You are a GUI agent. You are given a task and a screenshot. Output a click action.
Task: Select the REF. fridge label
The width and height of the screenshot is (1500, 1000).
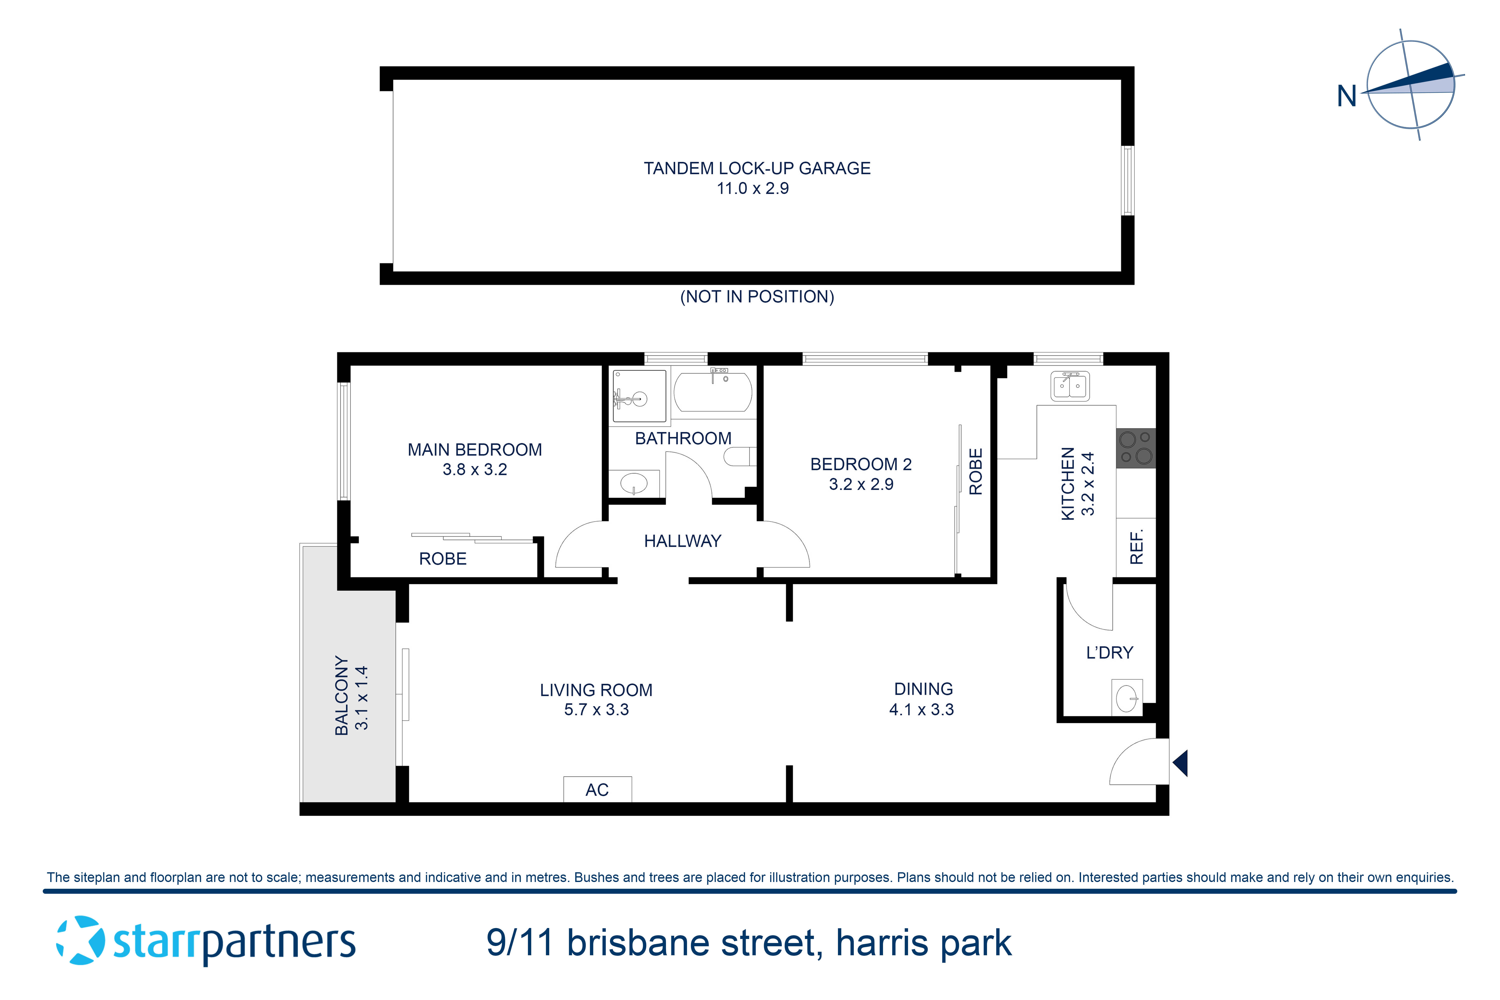tap(1136, 546)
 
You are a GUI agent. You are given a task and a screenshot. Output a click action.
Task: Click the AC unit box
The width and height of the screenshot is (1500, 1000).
tap(597, 789)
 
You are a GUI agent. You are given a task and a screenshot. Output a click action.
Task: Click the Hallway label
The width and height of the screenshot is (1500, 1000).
tap(682, 541)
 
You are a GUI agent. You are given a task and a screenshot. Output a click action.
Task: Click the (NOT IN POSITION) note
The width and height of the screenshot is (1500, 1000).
tap(757, 296)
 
